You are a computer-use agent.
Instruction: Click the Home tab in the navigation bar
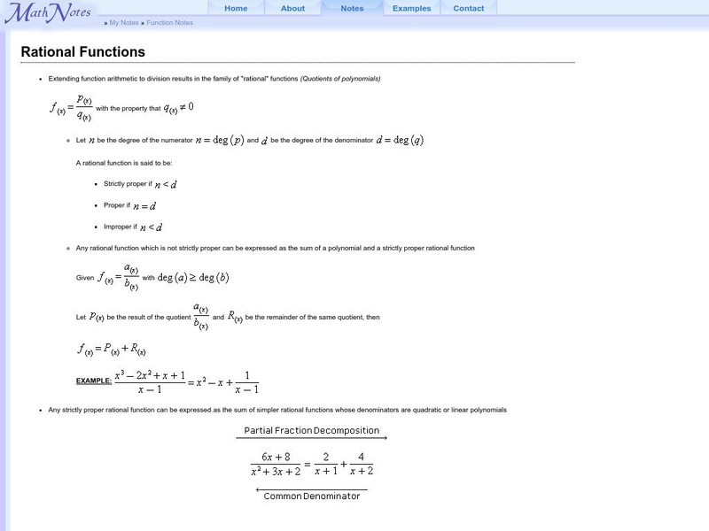coord(236,9)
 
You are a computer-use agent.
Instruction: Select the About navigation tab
coord(292,9)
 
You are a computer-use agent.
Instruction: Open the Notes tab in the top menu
coord(352,9)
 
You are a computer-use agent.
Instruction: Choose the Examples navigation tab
coord(411,9)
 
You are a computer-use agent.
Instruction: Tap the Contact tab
coord(469,9)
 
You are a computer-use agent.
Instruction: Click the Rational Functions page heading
coord(83,52)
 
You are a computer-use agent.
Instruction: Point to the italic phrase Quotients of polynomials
coord(340,79)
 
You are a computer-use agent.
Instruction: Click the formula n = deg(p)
coord(220,140)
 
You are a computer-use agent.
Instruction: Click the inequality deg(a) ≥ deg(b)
coord(193,277)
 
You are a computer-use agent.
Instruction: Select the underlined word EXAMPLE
coord(94,381)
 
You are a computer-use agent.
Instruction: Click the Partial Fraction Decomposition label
coord(313,431)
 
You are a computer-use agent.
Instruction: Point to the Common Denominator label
coord(312,496)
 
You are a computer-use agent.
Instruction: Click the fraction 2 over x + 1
coord(326,464)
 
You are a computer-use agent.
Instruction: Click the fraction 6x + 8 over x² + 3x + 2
coord(276,464)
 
